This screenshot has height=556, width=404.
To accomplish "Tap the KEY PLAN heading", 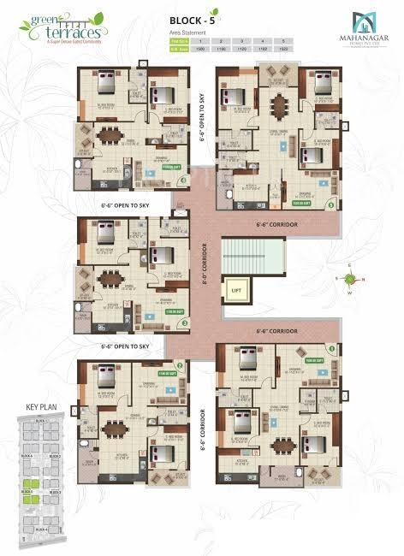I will point(42,407).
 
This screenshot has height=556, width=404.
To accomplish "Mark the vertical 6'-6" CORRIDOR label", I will point(203,432).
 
